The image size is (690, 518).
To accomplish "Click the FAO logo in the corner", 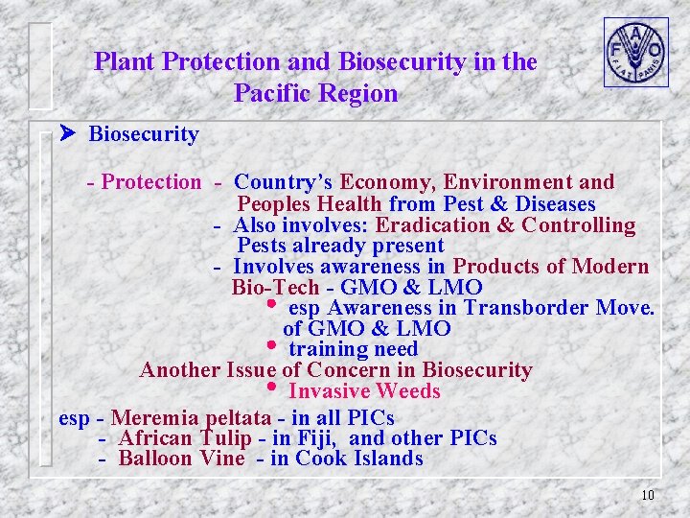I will [635, 52].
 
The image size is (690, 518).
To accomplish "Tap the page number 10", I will [647, 495].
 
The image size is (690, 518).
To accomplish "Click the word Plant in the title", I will [125, 62].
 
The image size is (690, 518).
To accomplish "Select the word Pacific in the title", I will [276, 93].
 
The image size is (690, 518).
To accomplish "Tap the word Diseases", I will [555, 204].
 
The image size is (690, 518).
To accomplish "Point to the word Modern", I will [612, 267].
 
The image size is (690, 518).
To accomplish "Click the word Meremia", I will [153, 418].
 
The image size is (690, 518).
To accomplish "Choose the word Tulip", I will [228, 438].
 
